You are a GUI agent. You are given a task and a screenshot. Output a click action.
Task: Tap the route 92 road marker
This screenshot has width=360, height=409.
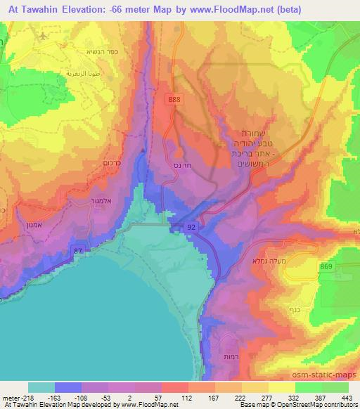(191, 227)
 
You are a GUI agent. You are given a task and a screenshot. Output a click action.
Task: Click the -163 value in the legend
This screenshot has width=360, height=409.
(70, 397)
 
